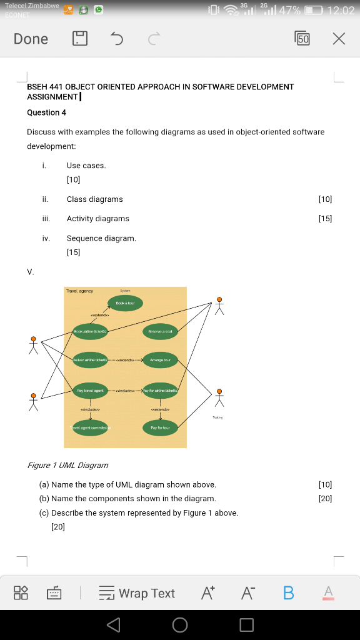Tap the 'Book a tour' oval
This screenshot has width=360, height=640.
click(x=126, y=303)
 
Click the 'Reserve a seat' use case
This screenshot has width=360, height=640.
click(x=161, y=331)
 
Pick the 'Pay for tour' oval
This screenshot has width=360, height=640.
click(x=161, y=427)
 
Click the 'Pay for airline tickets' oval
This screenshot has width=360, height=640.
click(x=161, y=390)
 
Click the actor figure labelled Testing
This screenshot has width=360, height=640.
click(x=219, y=397)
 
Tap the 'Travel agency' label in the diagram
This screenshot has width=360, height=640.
click(x=77, y=291)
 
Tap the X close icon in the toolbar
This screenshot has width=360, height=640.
click(x=338, y=39)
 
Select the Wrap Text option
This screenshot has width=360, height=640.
click(x=137, y=593)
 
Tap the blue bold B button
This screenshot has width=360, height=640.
click(x=288, y=593)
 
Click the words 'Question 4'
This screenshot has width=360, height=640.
click(x=47, y=112)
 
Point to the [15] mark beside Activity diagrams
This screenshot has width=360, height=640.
click(x=325, y=219)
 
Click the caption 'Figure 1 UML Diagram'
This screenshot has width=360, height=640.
click(x=67, y=465)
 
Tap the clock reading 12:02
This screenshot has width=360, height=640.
click(x=340, y=11)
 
